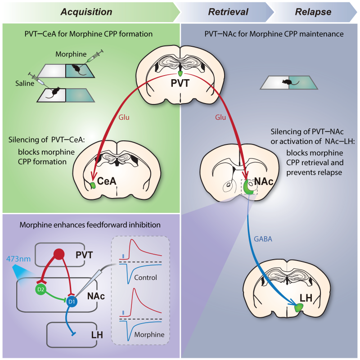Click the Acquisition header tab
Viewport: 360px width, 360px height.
tap(87, 11)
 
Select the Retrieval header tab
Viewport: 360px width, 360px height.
tap(228, 11)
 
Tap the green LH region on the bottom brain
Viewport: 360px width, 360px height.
tap(298, 308)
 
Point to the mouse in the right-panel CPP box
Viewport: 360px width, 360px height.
tap(286, 82)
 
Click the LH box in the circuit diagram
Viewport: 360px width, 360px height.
tap(72, 334)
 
